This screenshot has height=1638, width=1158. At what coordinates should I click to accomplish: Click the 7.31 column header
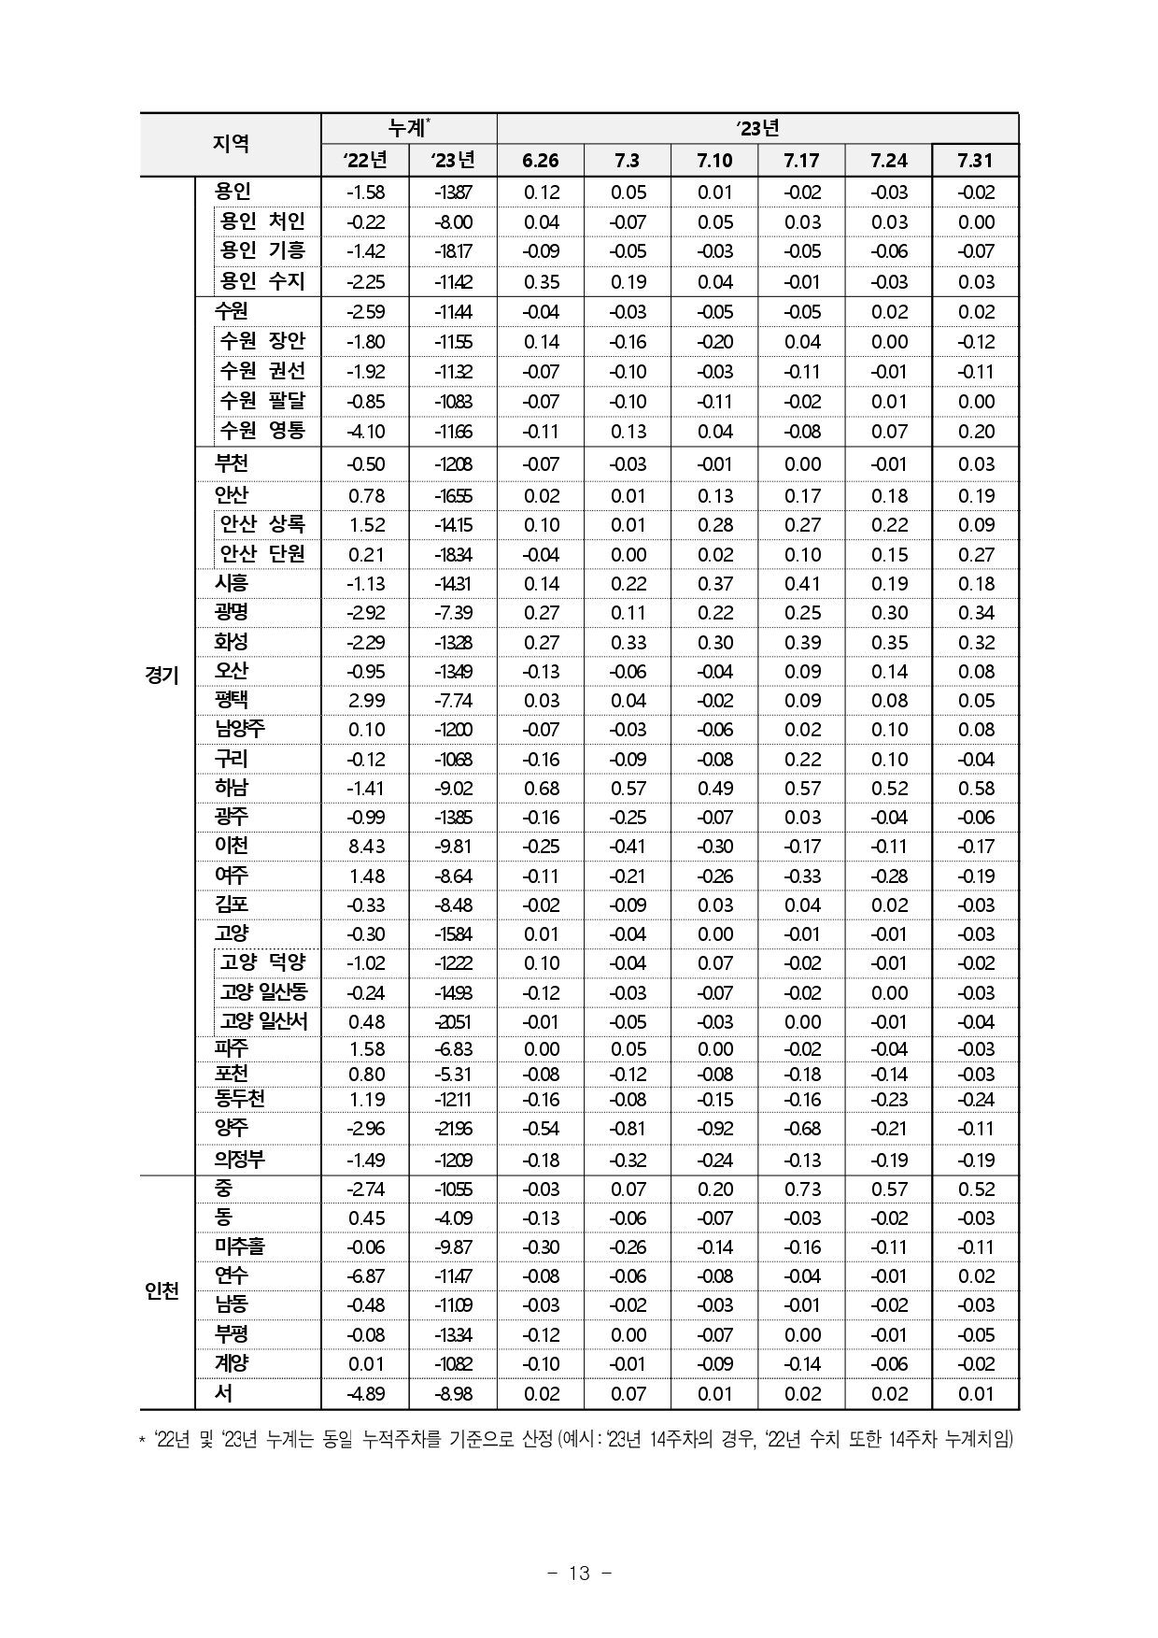click(x=975, y=161)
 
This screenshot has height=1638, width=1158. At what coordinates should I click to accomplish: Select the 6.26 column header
click(x=540, y=161)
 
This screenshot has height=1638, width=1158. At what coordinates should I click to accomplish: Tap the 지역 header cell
click(x=231, y=144)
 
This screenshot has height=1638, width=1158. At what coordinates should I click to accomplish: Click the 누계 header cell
click(x=408, y=128)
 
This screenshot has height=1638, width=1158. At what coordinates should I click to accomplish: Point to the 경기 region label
click(x=162, y=675)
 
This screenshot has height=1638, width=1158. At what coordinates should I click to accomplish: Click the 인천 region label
click(x=162, y=1290)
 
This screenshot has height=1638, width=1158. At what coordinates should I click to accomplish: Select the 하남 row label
click(x=232, y=788)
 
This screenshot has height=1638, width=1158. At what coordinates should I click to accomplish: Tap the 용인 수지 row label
click(x=262, y=281)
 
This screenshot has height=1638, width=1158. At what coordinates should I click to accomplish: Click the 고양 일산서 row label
click(x=263, y=1021)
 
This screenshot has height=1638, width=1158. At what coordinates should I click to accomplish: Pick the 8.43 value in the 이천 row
click(x=365, y=847)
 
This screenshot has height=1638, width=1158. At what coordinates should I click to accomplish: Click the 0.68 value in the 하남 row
click(x=541, y=789)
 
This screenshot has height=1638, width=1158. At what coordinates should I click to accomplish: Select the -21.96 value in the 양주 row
click(x=453, y=1129)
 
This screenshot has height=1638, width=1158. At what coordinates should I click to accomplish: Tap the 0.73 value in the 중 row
click(x=802, y=1189)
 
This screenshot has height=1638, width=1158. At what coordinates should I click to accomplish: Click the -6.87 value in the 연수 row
click(x=365, y=1276)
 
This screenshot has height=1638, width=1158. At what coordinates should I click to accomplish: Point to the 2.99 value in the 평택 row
click(x=365, y=701)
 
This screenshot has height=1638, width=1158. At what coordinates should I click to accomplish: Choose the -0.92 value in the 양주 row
click(x=714, y=1129)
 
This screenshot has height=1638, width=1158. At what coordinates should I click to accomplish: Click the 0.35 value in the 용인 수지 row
click(x=541, y=282)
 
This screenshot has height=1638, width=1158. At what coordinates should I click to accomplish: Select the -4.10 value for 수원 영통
click(x=365, y=432)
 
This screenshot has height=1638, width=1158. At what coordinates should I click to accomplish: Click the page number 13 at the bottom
click(x=579, y=1574)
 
